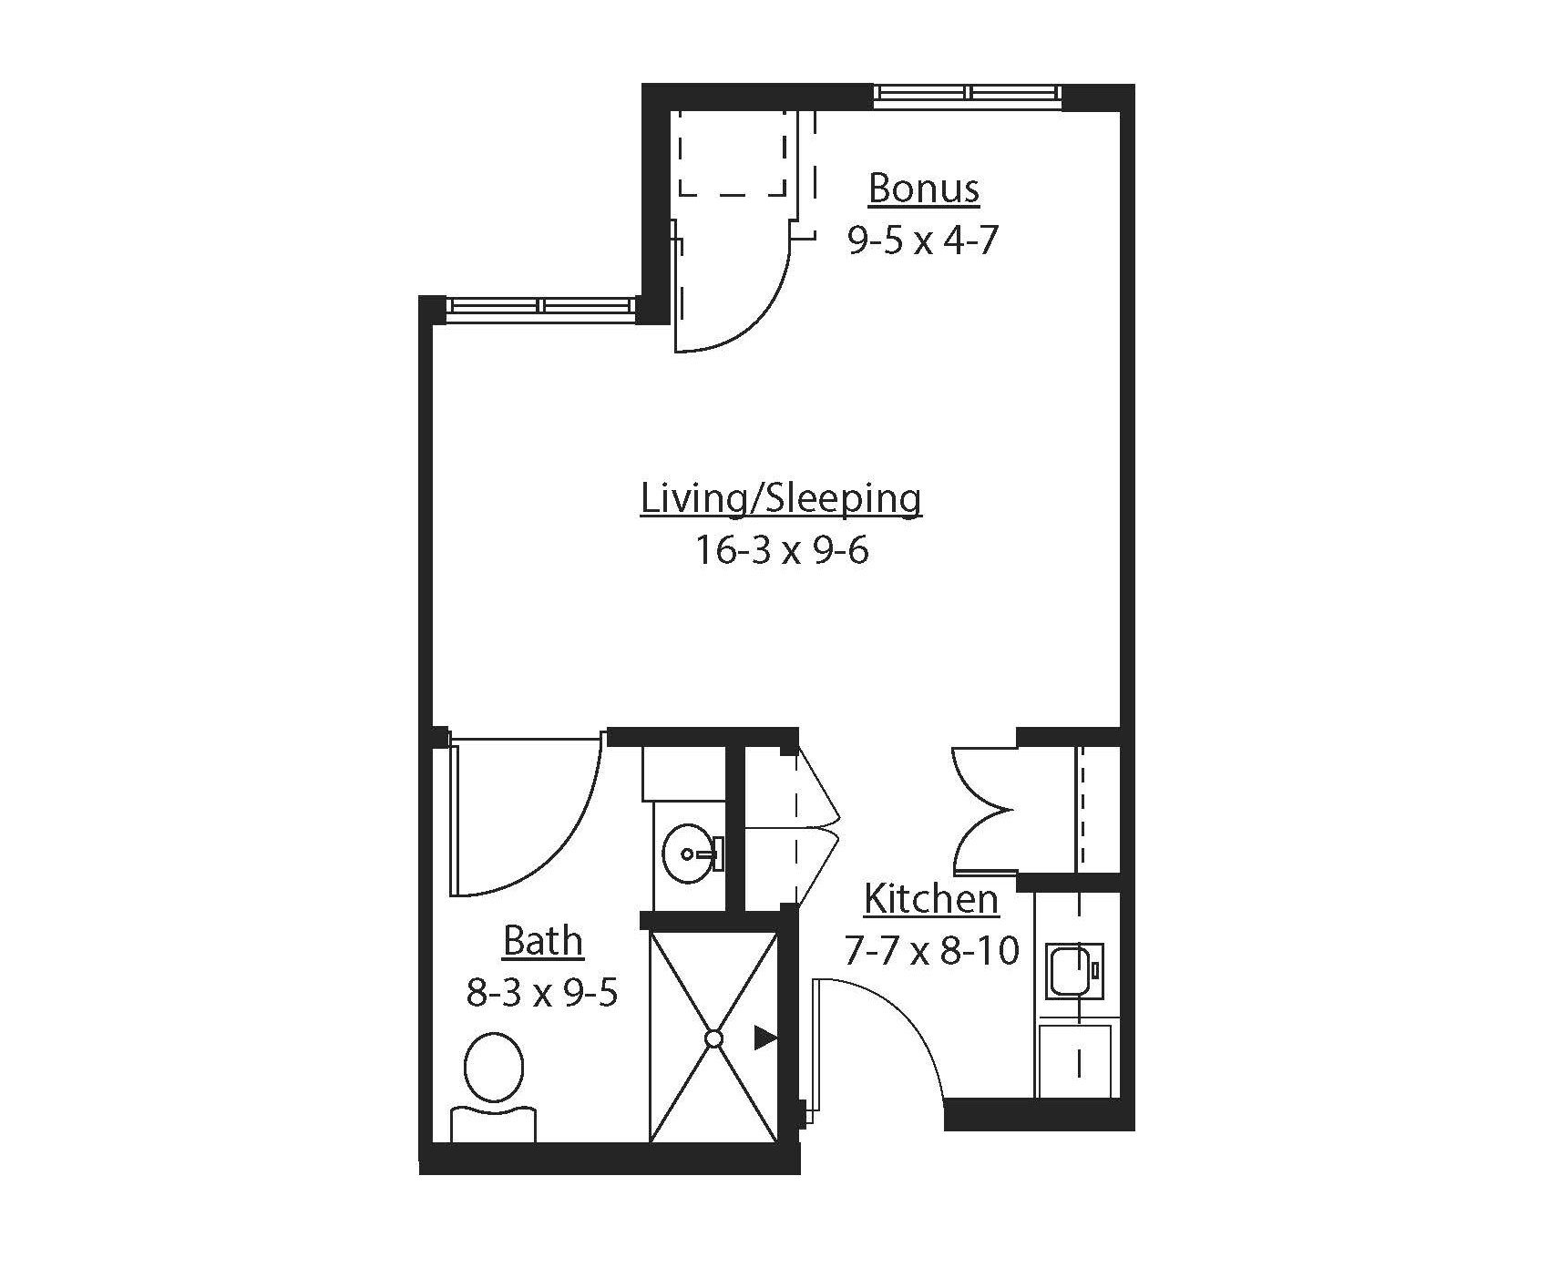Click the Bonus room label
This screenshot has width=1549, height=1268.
coord(923,189)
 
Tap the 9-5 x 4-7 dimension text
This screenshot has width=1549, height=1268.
coord(923,240)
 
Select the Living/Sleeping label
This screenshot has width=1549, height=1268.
coord(781,499)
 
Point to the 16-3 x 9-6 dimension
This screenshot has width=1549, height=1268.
coord(782,550)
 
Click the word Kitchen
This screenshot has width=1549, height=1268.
coord(930,899)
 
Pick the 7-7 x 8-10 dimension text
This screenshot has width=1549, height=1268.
coord(930,952)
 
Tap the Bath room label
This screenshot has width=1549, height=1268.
coord(542,941)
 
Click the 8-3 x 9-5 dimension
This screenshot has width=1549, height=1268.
coord(542,993)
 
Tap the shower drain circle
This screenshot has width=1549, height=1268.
coord(713,1038)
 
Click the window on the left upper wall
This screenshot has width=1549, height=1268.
coord(541,306)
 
